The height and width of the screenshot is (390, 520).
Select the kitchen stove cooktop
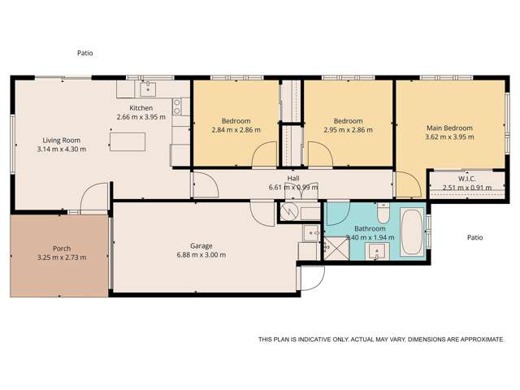pos(177,105)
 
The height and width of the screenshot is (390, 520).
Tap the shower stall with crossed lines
pos(334,248)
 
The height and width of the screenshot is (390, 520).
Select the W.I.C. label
pos(466,179)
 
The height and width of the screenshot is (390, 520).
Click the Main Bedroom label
pos(449,128)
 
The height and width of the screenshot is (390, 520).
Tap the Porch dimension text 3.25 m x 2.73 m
pos(61,258)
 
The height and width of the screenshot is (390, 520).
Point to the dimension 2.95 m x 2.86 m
pos(349,130)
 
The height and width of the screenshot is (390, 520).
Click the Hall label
pos(293,178)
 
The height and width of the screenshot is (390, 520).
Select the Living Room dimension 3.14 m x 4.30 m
pos(61,149)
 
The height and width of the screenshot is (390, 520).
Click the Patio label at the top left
pos(85,53)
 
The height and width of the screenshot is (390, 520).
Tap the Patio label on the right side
pos(475,238)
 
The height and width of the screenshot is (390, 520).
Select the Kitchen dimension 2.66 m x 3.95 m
pos(141,117)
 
